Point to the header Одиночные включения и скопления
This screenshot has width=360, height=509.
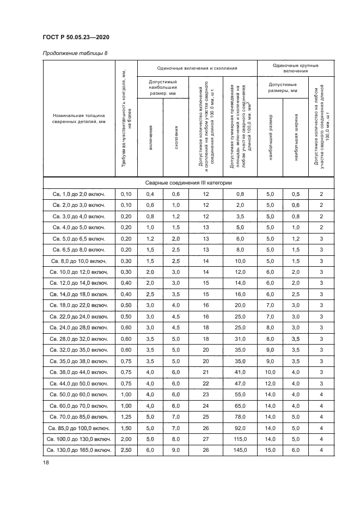[197, 68]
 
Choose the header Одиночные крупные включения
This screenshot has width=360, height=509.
[295, 68]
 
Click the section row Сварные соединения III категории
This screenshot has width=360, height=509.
[188, 183]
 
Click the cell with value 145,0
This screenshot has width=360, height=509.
[240, 450]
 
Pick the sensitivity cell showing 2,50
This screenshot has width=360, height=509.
[126, 450]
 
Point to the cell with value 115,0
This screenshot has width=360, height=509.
[240, 438]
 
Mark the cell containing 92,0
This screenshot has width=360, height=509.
[240, 427]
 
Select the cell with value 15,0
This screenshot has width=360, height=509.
[270, 450]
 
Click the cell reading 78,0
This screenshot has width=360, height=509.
[240, 416]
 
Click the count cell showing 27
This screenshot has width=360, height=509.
[206, 438]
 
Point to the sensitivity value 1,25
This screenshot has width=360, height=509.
[126, 416]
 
